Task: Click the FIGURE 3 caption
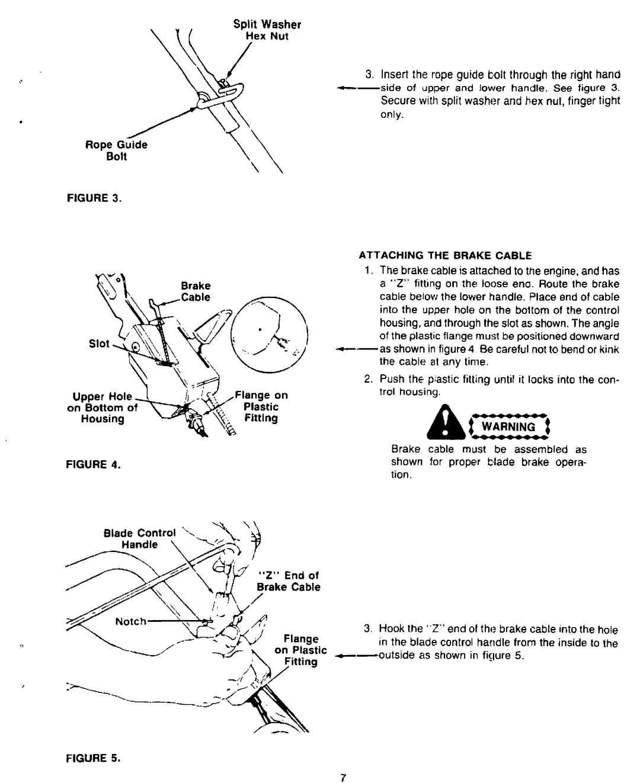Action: click(94, 198)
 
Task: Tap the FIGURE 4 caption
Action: click(93, 464)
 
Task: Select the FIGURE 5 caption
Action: click(93, 758)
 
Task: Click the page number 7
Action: click(343, 778)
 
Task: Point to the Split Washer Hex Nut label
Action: click(267, 30)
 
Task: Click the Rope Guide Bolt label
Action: click(116, 150)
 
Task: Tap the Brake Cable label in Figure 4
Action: click(196, 291)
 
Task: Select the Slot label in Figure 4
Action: click(99, 344)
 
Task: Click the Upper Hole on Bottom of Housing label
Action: click(103, 407)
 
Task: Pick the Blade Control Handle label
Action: click(140, 539)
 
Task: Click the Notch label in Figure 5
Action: click(131, 621)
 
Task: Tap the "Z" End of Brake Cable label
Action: click(288, 581)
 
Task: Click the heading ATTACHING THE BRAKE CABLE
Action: click(446, 255)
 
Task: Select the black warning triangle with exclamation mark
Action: click(446, 422)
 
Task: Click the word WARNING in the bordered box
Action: click(508, 426)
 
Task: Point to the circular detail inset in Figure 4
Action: click(269, 335)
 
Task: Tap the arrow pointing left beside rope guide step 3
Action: click(359, 88)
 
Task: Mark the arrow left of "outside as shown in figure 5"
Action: click(357, 656)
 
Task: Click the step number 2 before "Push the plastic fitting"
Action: click(368, 379)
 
